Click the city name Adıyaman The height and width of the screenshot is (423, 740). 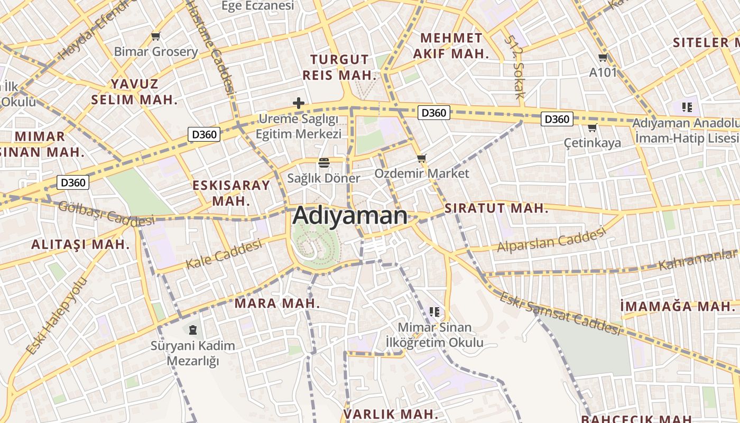point(350,216)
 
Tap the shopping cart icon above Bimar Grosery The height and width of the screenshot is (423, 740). point(155,36)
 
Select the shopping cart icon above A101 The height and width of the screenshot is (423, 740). point(603,58)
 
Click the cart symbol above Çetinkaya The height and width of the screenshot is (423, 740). point(593,127)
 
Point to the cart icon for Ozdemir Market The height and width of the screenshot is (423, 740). point(421,158)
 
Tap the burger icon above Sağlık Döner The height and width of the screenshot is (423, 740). point(323,162)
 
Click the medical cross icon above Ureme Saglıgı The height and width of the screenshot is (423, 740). point(299,103)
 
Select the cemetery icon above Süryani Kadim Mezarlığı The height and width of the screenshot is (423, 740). point(192,330)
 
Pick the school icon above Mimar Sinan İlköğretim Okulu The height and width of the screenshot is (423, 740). point(434,312)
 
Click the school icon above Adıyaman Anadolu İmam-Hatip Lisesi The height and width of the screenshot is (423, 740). point(687,107)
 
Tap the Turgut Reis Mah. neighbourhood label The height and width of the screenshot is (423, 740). point(339,67)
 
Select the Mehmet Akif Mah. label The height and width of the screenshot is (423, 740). point(450,45)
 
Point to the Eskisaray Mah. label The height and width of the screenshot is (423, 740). point(232,193)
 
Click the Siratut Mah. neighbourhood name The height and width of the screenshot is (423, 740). point(496,208)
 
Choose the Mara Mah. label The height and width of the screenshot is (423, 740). point(277,304)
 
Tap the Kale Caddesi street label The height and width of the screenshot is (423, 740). point(224,254)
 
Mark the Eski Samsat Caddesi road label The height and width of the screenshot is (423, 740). point(560,314)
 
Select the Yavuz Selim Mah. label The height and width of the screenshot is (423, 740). point(134,91)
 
